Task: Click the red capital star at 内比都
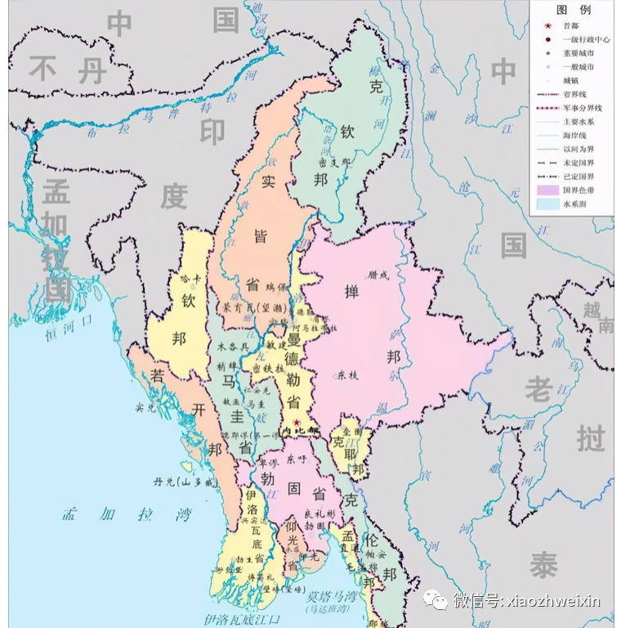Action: (297, 421)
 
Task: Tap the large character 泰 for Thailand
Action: (543, 564)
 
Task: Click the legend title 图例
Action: (573, 11)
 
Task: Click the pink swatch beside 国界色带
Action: (546, 190)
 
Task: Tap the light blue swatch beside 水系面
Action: (546, 204)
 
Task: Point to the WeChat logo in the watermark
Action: (436, 601)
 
